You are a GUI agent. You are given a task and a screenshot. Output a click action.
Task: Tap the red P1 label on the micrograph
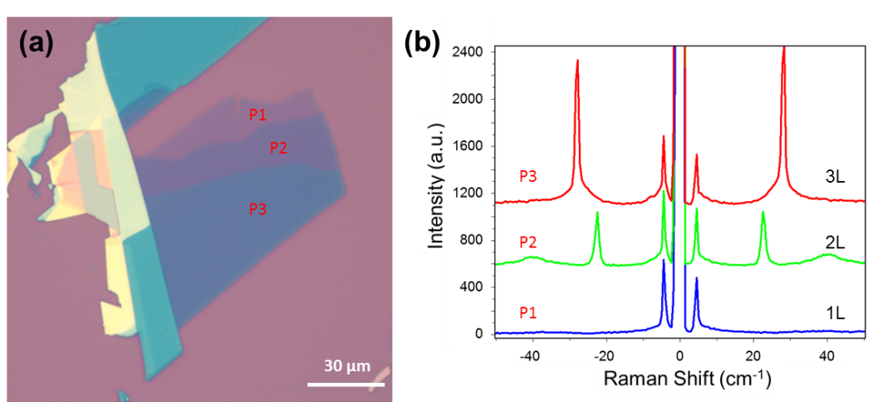pos(258,115)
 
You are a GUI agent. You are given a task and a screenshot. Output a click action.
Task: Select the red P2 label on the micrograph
pos(278,148)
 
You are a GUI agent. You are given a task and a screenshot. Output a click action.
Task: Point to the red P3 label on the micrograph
pos(258,209)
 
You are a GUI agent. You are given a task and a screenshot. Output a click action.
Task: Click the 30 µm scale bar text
pos(346,366)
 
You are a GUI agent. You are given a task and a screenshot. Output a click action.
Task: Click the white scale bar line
pos(346,384)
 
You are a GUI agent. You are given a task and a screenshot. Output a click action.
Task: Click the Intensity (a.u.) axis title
pos(434,184)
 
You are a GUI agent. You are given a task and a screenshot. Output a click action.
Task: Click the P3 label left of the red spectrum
pos(528,176)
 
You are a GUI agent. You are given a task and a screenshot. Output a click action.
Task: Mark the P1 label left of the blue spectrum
pos(528,313)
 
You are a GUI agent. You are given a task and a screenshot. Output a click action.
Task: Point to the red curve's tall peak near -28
pos(576,61)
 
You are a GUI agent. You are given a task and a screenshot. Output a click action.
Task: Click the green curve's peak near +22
pos(763,213)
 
